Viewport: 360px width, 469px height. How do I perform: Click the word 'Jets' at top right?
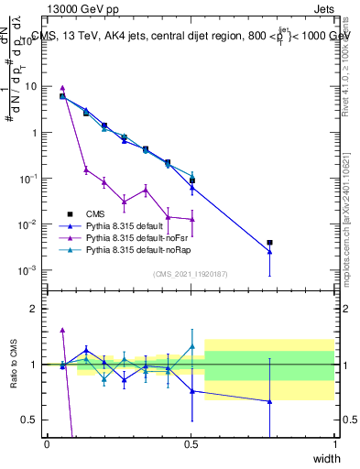[324, 8]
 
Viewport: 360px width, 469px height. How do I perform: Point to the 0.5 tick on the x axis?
[191, 444]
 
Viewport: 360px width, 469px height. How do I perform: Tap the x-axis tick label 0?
[47, 444]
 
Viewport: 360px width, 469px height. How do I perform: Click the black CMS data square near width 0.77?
[269, 243]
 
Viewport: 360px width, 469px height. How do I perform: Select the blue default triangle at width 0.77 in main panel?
[269, 252]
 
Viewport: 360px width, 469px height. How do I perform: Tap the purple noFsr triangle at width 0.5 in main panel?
[191, 220]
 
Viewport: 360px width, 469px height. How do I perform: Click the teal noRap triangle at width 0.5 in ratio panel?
[191, 347]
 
